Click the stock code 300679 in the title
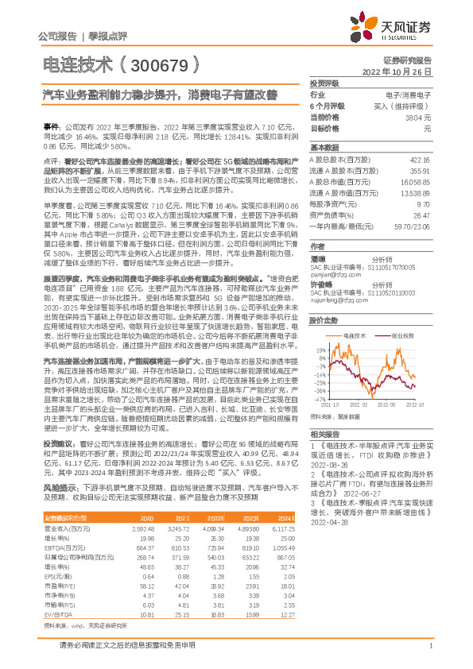click(157, 65)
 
